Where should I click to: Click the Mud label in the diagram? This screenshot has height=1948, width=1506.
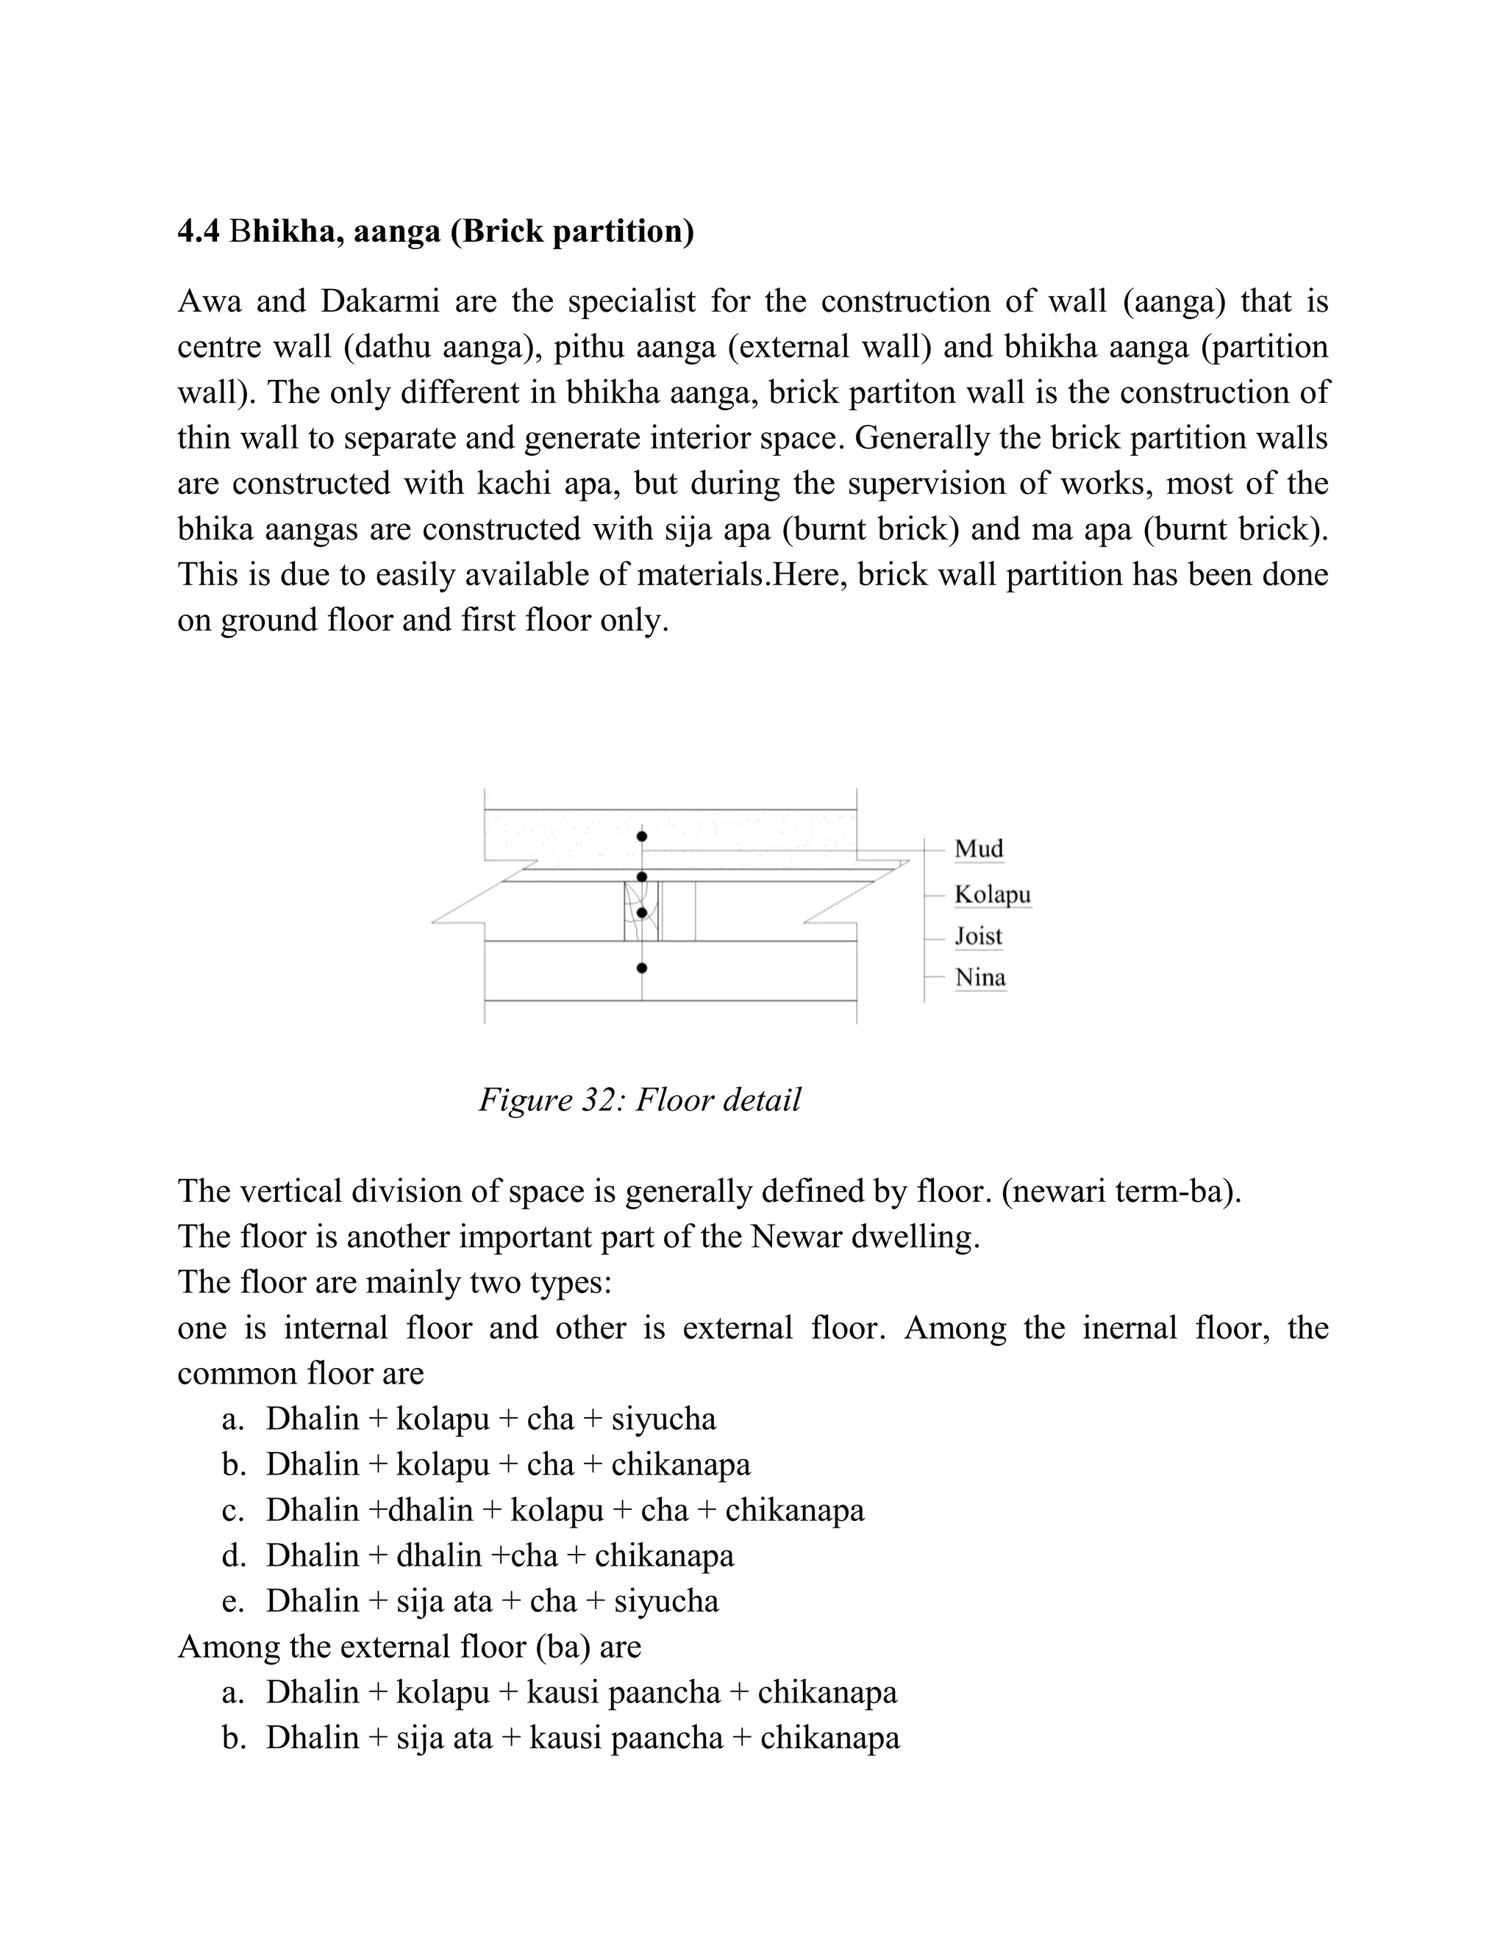click(x=979, y=848)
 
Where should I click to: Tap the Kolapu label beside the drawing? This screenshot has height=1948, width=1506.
click(x=992, y=894)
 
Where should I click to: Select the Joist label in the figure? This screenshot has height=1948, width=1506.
click(x=978, y=936)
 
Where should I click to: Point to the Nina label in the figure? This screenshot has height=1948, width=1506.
click(x=979, y=978)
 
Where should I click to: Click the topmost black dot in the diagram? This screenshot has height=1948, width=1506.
click(x=641, y=837)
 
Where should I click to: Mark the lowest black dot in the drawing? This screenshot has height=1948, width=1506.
click(x=641, y=968)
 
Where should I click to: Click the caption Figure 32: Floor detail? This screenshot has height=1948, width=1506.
click(x=639, y=1100)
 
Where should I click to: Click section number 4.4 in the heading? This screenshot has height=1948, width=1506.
click(x=198, y=232)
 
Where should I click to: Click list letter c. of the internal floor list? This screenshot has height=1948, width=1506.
click(x=233, y=1510)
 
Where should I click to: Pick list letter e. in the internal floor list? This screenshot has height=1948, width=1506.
click(x=233, y=1601)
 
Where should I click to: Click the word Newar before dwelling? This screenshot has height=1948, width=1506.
click(x=796, y=1237)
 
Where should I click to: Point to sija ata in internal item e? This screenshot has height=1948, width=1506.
click(x=443, y=1601)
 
